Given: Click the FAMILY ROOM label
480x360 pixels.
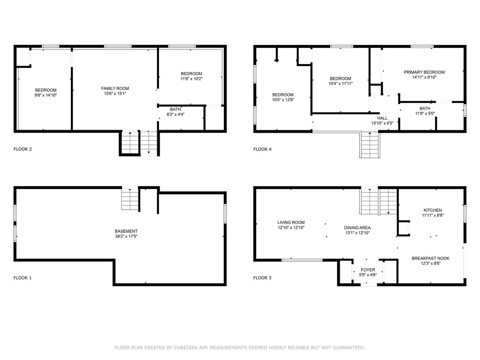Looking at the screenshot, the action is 115,88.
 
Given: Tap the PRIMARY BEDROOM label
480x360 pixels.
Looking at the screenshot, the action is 424,72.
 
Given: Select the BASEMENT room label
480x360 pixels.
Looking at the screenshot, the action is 126,231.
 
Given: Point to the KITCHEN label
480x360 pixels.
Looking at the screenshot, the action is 432,210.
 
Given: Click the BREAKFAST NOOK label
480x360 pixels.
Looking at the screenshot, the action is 430,258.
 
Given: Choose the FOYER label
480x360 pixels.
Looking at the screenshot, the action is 368,270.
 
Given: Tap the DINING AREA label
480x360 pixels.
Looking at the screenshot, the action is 357,228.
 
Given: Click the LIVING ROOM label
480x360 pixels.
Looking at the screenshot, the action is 291,222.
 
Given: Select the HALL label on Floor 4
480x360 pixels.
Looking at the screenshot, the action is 382,118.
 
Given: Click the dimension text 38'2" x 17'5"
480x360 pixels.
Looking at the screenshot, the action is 126,236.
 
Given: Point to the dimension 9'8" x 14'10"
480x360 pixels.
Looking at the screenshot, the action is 46,95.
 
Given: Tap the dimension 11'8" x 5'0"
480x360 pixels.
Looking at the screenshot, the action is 425,114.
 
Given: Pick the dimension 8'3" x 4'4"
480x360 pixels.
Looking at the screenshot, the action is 175,114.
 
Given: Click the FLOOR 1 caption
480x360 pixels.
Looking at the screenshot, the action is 22,278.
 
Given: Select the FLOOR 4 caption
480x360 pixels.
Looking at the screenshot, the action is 262,149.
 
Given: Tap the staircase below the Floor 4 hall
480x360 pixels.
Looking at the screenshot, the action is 370,145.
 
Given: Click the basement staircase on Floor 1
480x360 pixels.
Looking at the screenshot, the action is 130,199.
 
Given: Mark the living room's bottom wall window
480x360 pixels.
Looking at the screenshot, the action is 302,260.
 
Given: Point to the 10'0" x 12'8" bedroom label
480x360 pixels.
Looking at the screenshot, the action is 283,97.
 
